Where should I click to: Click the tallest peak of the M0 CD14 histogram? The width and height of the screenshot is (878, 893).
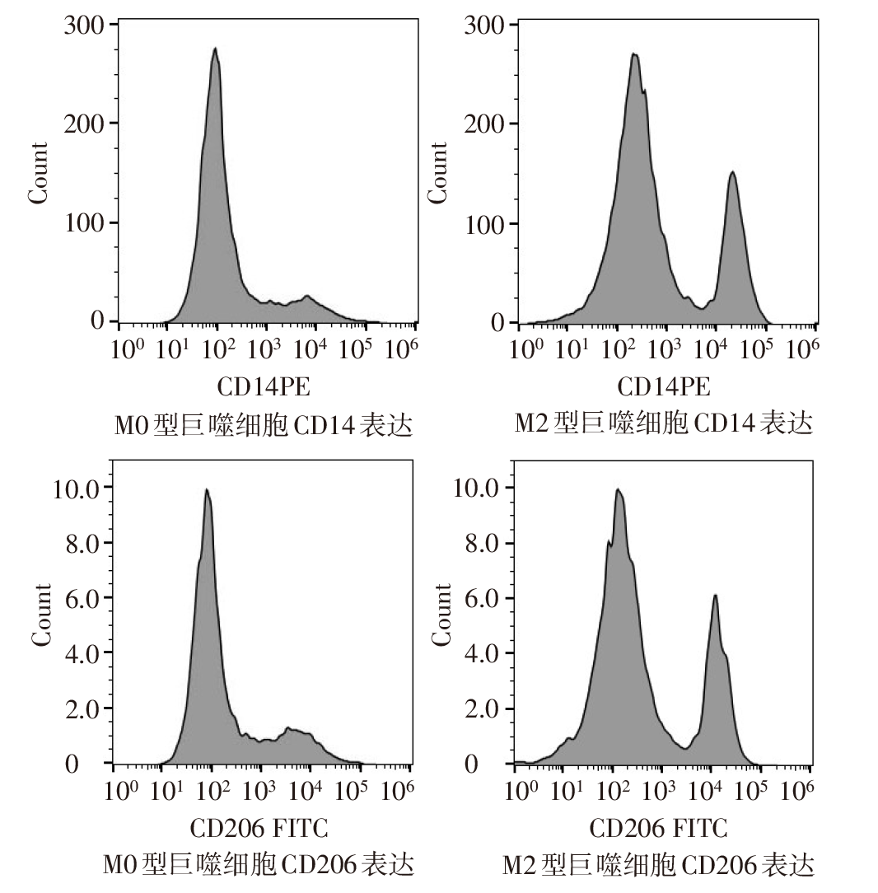click(215, 49)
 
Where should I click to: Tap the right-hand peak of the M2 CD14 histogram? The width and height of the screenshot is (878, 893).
click(731, 173)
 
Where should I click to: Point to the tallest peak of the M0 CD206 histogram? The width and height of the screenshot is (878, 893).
click(207, 490)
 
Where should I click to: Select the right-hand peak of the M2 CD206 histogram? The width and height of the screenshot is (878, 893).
click(715, 596)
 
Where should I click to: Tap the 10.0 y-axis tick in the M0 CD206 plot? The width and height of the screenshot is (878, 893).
click(77, 488)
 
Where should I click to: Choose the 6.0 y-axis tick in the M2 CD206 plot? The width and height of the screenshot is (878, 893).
click(475, 598)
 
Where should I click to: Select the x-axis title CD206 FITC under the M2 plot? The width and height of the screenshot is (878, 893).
click(659, 827)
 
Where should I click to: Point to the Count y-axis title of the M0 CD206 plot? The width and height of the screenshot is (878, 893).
click(41, 615)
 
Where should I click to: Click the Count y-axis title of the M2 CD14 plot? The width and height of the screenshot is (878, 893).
click(438, 172)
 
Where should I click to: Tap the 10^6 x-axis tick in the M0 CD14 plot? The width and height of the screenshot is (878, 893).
click(401, 349)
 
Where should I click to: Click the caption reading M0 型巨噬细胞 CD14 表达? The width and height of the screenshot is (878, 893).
click(263, 425)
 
